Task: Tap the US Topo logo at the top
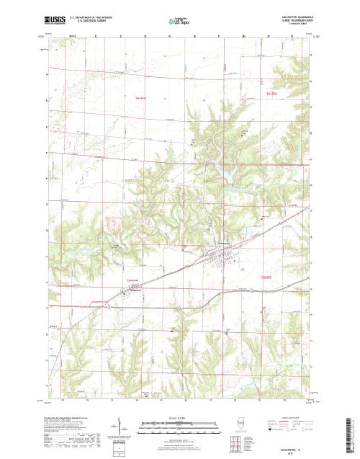click(177, 22)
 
